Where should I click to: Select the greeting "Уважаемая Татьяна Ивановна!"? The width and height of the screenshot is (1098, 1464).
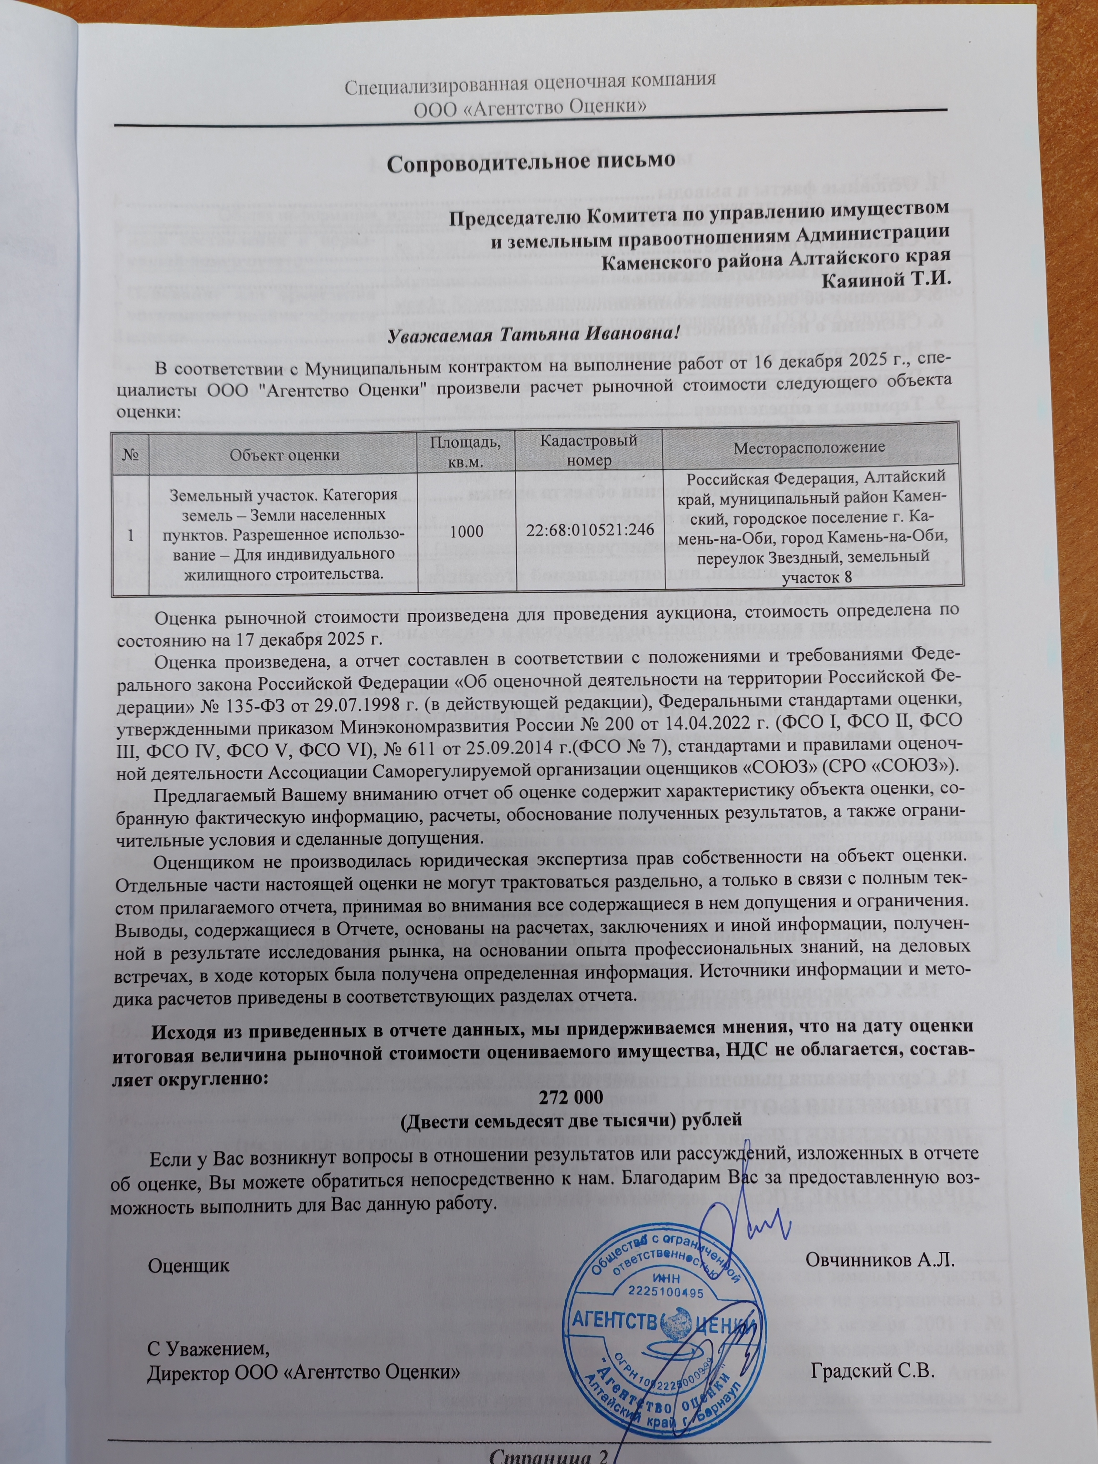(x=533, y=332)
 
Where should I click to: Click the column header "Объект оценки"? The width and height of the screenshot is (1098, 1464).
(x=285, y=455)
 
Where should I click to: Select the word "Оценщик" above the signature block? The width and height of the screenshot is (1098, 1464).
(x=189, y=1265)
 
